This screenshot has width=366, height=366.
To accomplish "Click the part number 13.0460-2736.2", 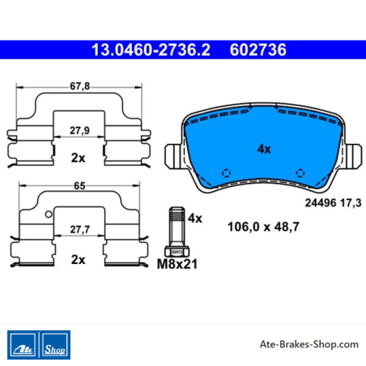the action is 151,50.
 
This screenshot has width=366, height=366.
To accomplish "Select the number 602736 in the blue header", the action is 258,50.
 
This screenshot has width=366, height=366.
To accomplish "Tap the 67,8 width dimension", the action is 79,86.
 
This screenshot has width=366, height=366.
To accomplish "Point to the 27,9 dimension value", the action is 79,130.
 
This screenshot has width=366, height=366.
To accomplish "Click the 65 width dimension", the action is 79,185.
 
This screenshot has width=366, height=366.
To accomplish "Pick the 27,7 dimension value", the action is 80,229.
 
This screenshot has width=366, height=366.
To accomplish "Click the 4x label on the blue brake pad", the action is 264,149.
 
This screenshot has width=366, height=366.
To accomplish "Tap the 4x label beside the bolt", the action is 195,218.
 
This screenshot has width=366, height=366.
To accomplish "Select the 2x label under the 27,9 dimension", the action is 78,158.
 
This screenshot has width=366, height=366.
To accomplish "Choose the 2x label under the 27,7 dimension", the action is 78,260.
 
